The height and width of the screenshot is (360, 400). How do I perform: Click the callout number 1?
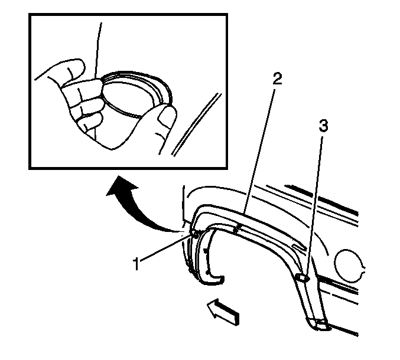pos(136,263)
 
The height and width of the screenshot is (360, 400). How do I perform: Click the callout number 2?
pos(277,78)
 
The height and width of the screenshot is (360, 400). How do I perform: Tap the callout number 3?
pos(323,126)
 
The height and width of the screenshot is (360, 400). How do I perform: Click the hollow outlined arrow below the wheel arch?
pos(223,312)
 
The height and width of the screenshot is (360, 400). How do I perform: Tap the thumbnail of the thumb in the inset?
pos(167,116)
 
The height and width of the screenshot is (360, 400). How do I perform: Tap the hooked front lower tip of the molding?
pos(217,280)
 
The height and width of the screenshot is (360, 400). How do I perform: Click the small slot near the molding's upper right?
pos(299,246)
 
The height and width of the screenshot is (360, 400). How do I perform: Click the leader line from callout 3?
pos(314,207)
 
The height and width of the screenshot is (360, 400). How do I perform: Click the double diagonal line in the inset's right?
pos(196,125)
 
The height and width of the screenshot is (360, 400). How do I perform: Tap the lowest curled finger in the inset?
pos(90,122)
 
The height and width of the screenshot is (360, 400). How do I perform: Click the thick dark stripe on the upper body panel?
pos(322,198)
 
